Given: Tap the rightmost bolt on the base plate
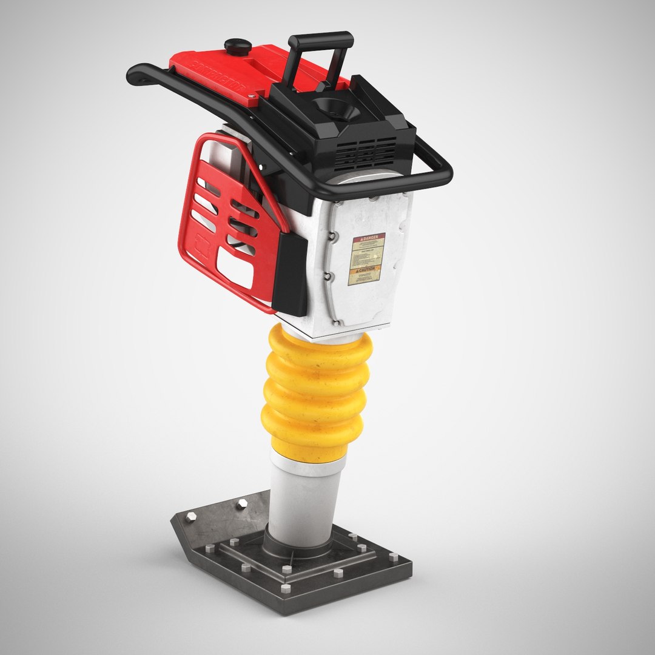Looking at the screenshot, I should tap(394, 557).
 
